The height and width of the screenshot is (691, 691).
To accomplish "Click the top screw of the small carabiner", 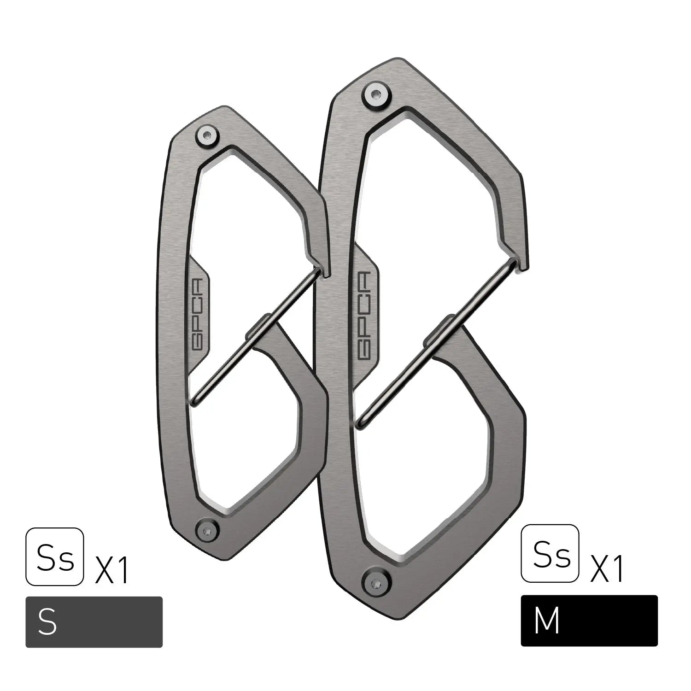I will point(207,135).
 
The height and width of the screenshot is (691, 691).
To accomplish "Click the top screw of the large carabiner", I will point(376,95).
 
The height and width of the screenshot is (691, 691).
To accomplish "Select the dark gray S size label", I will point(94,622).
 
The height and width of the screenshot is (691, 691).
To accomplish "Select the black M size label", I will point(589,621).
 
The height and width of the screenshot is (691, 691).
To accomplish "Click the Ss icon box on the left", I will point(55,556).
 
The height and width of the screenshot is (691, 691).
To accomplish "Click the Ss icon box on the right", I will point(550,553).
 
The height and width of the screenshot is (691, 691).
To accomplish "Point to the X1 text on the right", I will point(607,568).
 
